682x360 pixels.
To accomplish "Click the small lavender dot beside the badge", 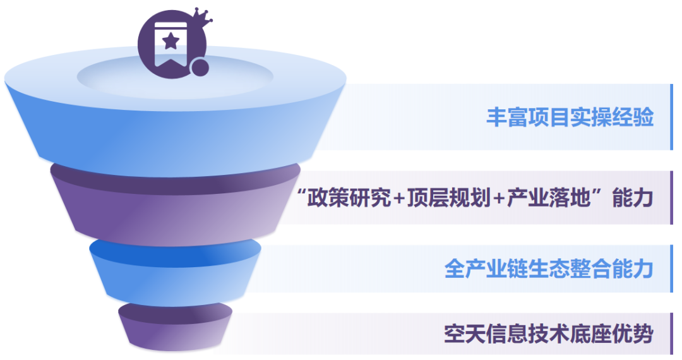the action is (200, 68).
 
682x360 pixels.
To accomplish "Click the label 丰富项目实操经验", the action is (570, 117).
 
